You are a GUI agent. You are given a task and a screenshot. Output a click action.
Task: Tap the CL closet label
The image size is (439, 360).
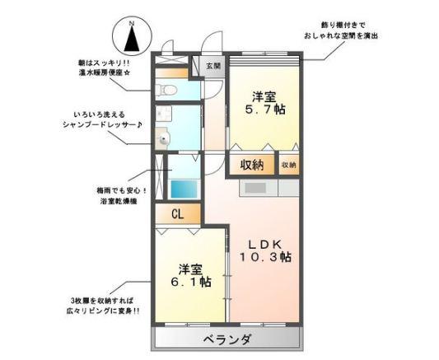tap(178, 214)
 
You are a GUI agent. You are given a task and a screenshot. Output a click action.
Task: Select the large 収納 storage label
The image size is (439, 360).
tap(252, 165)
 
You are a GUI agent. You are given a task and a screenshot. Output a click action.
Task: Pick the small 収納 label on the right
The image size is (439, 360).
tap(288, 165)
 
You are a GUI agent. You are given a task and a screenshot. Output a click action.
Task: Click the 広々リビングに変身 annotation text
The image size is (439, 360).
tap(105, 311)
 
